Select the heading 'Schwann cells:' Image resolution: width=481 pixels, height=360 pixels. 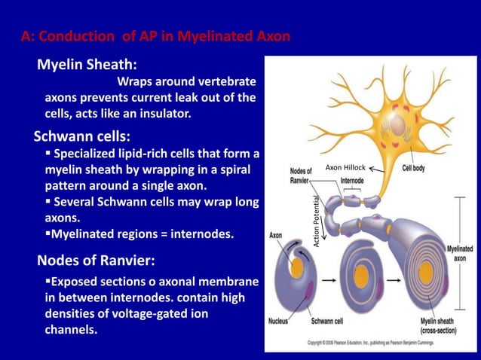pyautogui.click(x=82, y=137)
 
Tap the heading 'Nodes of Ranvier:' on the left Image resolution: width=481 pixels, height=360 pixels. pyautogui.click(x=97, y=261)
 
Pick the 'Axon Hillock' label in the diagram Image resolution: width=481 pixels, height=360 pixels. pyautogui.click(x=345, y=167)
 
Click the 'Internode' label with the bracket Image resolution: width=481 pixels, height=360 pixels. pyautogui.click(x=353, y=182)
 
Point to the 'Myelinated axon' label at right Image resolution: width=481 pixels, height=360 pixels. pyautogui.click(x=459, y=252)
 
